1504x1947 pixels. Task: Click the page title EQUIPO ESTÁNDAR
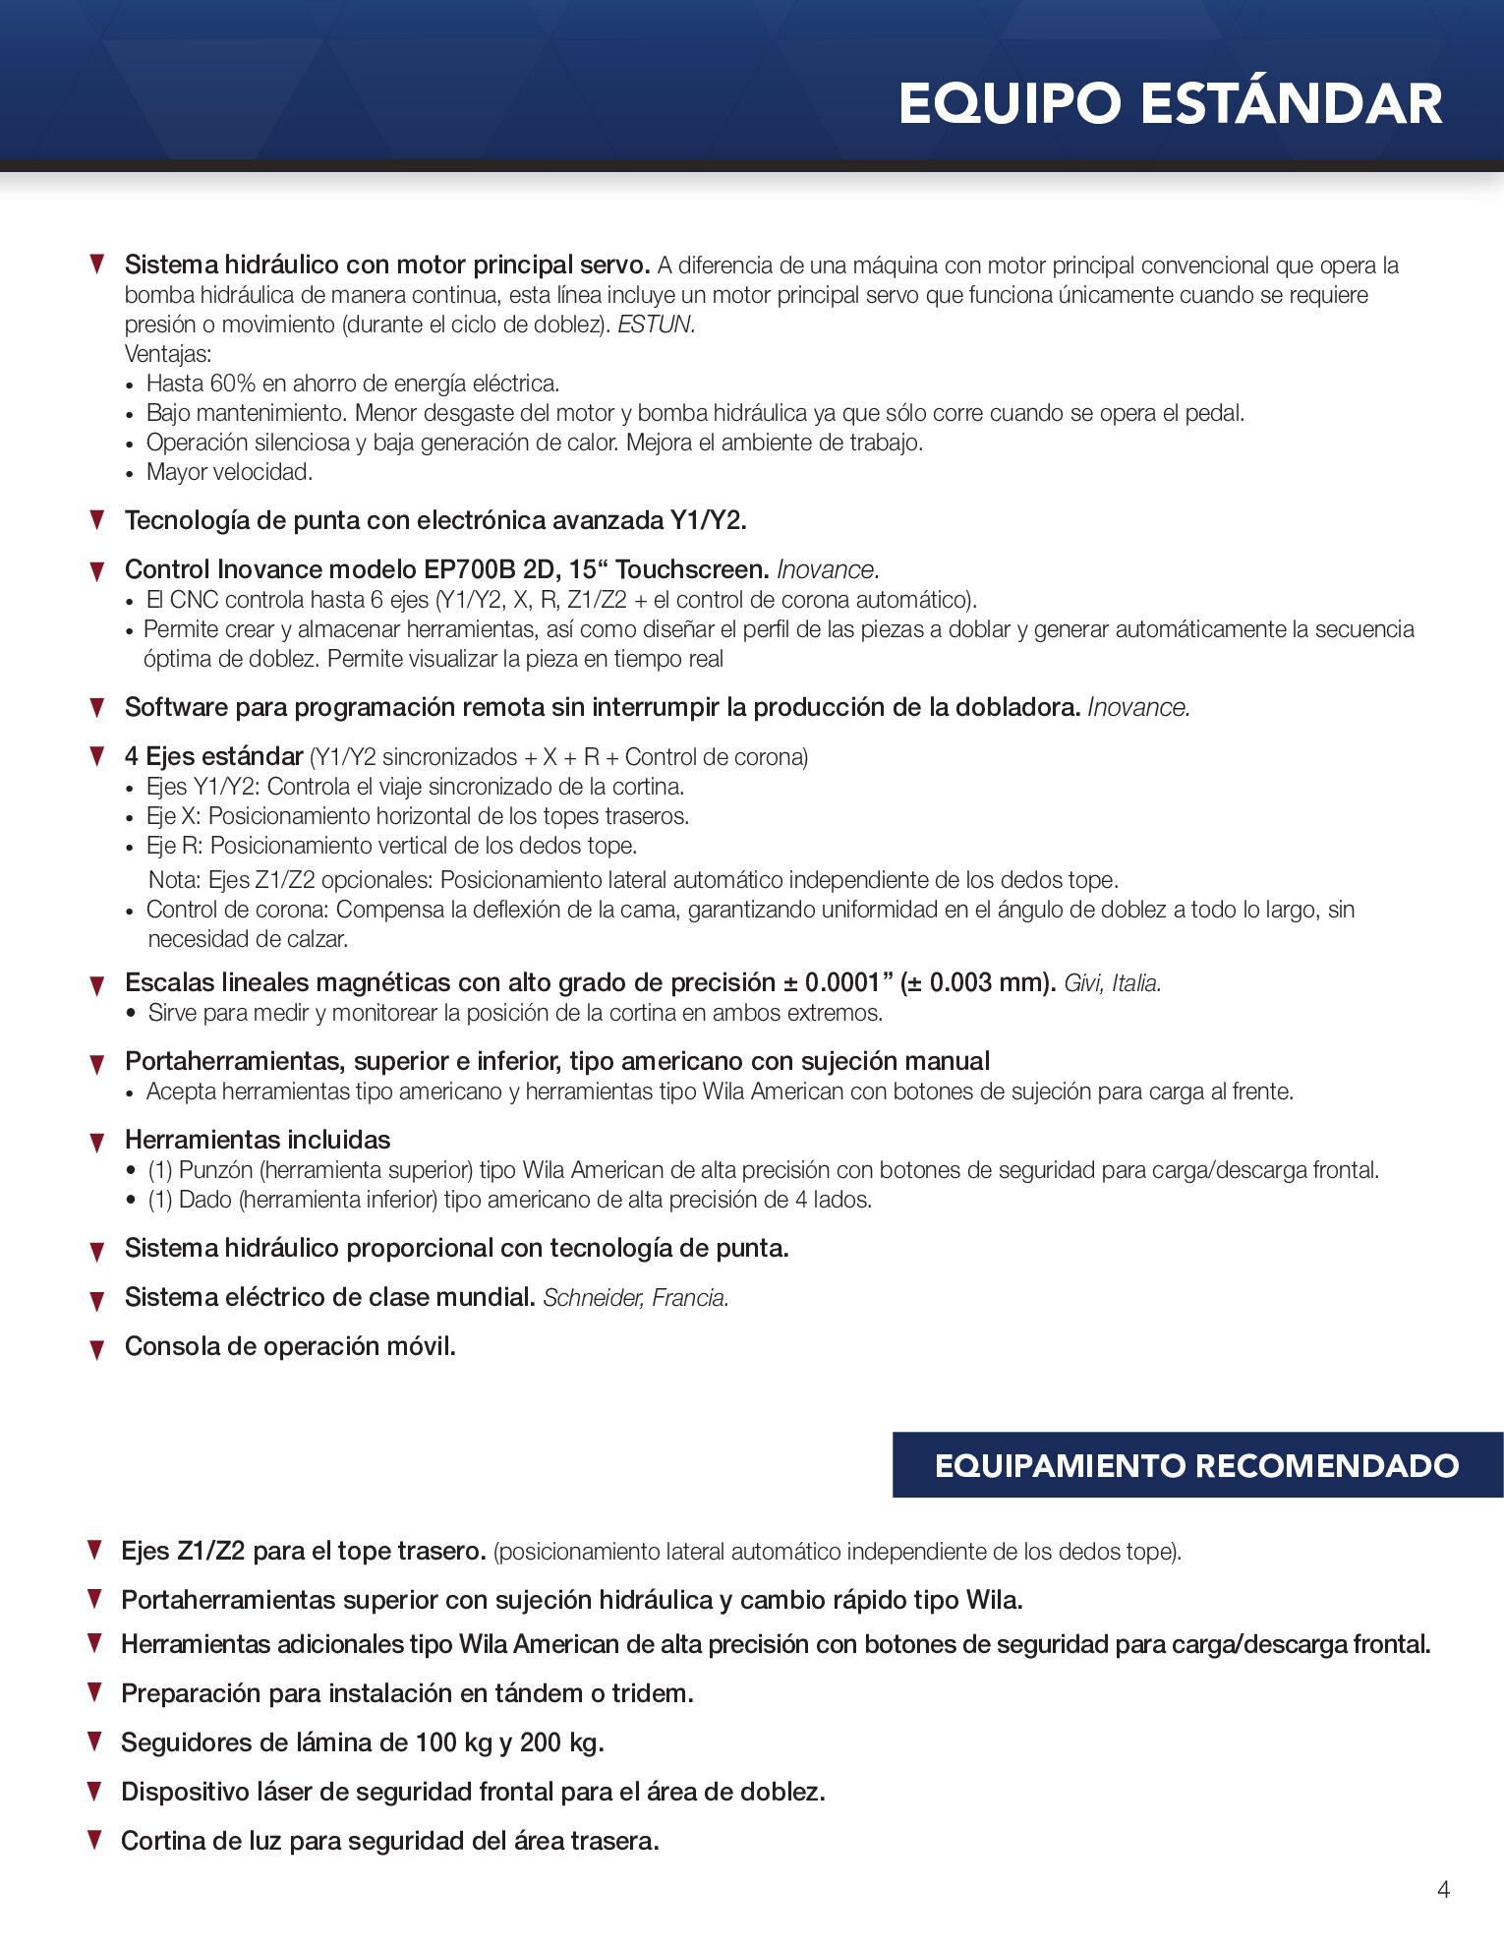coord(1170,104)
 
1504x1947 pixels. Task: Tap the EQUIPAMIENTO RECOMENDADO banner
coord(1196,1465)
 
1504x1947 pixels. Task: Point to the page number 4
coord(1443,1889)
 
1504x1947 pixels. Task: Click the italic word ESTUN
coord(656,324)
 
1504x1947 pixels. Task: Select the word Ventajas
coord(167,354)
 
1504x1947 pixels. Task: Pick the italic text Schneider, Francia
coord(636,1298)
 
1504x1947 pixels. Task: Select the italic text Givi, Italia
coord(1113,983)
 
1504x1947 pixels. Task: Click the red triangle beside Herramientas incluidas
coord(97,1143)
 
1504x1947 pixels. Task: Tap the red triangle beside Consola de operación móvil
coord(97,1349)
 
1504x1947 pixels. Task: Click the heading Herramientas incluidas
coord(258,1140)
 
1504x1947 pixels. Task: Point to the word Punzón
coord(216,1170)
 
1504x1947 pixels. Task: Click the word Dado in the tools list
coord(204,1200)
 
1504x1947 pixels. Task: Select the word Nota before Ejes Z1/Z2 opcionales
coord(174,880)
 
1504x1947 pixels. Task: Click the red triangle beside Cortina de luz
coord(95,1839)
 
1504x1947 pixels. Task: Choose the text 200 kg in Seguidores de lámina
coord(560,1742)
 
